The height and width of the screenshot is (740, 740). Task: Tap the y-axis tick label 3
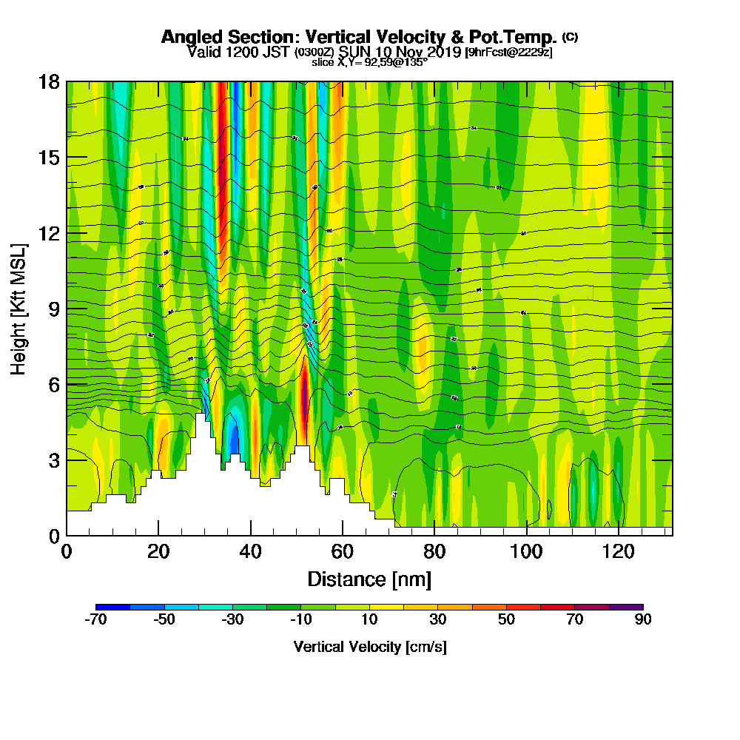[x=53, y=460]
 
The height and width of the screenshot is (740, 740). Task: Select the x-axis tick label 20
[x=158, y=552]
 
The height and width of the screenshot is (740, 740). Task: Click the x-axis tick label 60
[x=342, y=552]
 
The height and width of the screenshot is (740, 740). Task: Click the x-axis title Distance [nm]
[x=369, y=579]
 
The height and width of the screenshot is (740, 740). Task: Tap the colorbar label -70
[x=96, y=620]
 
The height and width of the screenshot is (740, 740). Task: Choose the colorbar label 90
[x=643, y=620]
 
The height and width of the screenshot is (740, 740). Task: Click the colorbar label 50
[x=506, y=620]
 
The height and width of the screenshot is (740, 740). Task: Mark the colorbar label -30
[x=232, y=620]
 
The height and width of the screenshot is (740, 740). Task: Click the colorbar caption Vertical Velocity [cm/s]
[x=369, y=647]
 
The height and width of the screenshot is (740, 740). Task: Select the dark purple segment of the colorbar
[x=626, y=607]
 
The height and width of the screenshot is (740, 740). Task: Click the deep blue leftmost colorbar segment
[x=113, y=607]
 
